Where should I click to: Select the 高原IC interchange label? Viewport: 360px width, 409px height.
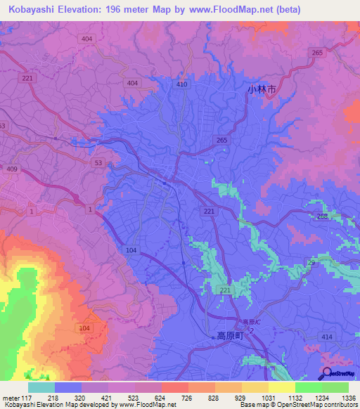pyautogui.click(x=247, y=322)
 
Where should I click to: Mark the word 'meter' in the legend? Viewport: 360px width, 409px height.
pyautogui.click(x=10, y=397)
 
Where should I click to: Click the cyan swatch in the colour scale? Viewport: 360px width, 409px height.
pyautogui.click(x=41, y=387)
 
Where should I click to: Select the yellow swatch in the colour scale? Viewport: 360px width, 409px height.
pyautogui.click(x=281, y=387)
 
